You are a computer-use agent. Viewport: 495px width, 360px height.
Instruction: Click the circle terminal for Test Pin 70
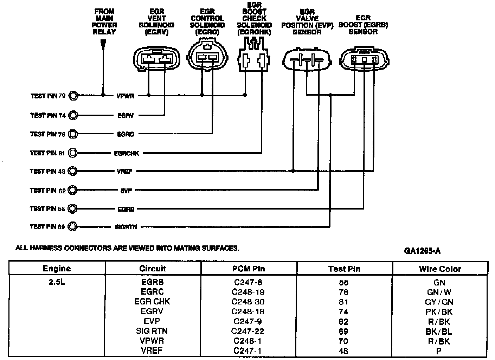click(x=73, y=95)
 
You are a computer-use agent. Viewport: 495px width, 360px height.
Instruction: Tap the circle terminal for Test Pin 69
click(x=72, y=227)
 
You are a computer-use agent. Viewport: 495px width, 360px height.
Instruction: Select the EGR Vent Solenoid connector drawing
click(x=156, y=59)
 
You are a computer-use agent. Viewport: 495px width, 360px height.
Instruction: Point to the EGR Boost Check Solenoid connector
click(x=254, y=58)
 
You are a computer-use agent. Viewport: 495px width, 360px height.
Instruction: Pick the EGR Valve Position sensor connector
click(x=307, y=61)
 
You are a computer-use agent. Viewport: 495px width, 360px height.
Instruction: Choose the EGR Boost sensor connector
click(x=365, y=60)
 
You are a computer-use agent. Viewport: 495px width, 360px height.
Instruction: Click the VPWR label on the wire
click(x=126, y=96)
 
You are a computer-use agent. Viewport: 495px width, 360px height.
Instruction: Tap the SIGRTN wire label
click(x=126, y=227)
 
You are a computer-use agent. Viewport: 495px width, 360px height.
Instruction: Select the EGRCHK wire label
click(x=126, y=154)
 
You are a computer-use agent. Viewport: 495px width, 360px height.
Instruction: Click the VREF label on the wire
click(x=124, y=172)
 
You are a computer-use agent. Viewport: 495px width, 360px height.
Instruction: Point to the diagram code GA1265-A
click(x=422, y=251)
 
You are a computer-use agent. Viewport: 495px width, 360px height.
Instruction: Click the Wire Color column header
click(x=440, y=269)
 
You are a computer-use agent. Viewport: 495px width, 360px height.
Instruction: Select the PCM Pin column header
click(x=249, y=269)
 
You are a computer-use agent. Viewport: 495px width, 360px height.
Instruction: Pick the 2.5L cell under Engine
click(x=57, y=282)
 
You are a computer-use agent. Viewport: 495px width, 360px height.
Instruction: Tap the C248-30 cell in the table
click(x=248, y=302)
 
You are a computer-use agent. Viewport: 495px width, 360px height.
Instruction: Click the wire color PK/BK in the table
click(x=439, y=312)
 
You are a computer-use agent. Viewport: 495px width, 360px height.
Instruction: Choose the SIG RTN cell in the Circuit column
click(x=152, y=331)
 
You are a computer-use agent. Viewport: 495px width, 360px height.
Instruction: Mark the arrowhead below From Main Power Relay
click(x=103, y=44)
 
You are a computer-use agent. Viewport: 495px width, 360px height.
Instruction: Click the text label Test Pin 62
click(x=48, y=190)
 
